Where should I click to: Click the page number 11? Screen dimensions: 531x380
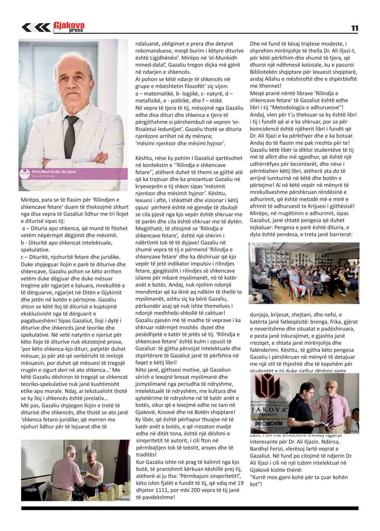coord(354,28)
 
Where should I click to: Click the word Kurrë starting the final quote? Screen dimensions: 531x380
coord(258,477)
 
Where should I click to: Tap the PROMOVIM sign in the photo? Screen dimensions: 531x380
coord(269,424)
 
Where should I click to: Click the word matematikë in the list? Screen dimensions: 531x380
coord(155,93)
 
